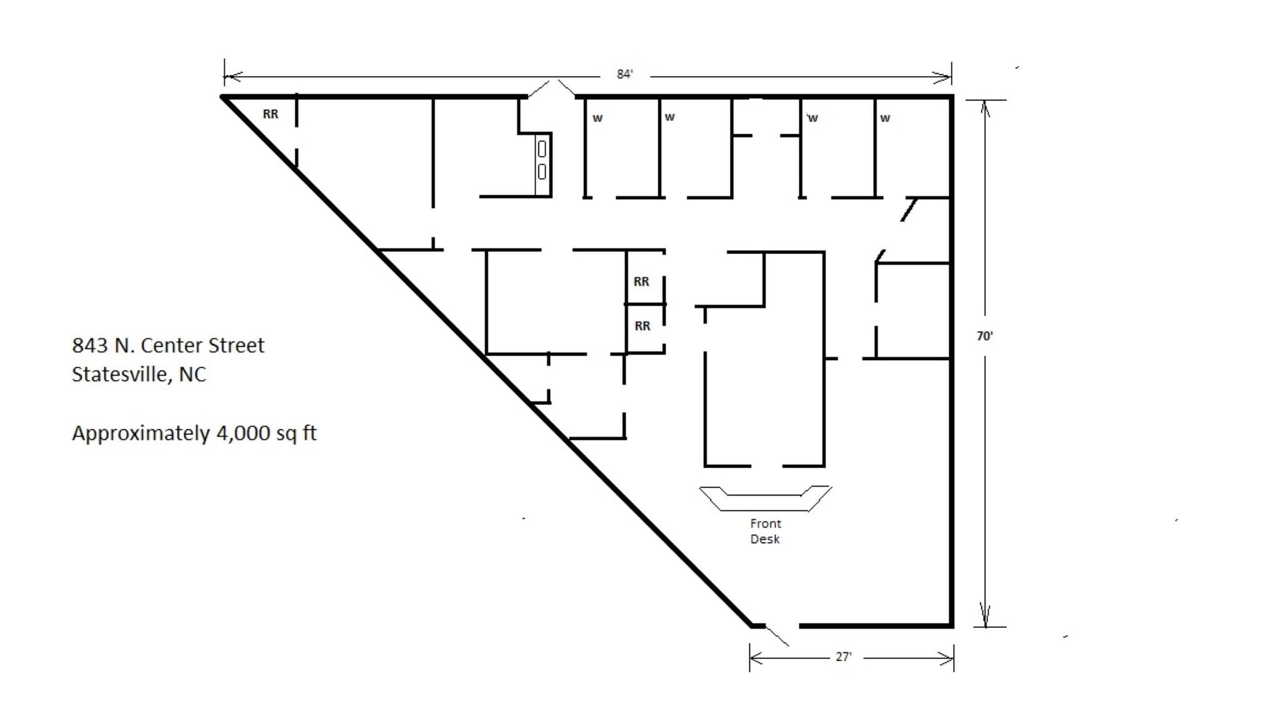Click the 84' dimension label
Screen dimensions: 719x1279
point(625,74)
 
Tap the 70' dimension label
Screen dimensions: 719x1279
point(985,336)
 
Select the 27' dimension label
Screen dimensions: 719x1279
point(843,657)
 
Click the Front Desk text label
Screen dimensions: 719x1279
point(765,531)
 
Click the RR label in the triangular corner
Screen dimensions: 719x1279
point(270,114)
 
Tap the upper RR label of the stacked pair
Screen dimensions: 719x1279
point(641,281)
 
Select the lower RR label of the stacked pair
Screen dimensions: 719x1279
point(642,326)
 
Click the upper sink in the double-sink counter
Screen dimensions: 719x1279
point(541,149)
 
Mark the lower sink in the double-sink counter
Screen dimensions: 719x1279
point(541,172)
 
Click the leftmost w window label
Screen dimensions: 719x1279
point(598,118)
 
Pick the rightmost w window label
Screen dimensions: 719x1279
point(885,118)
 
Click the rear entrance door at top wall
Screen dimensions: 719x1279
point(551,89)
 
